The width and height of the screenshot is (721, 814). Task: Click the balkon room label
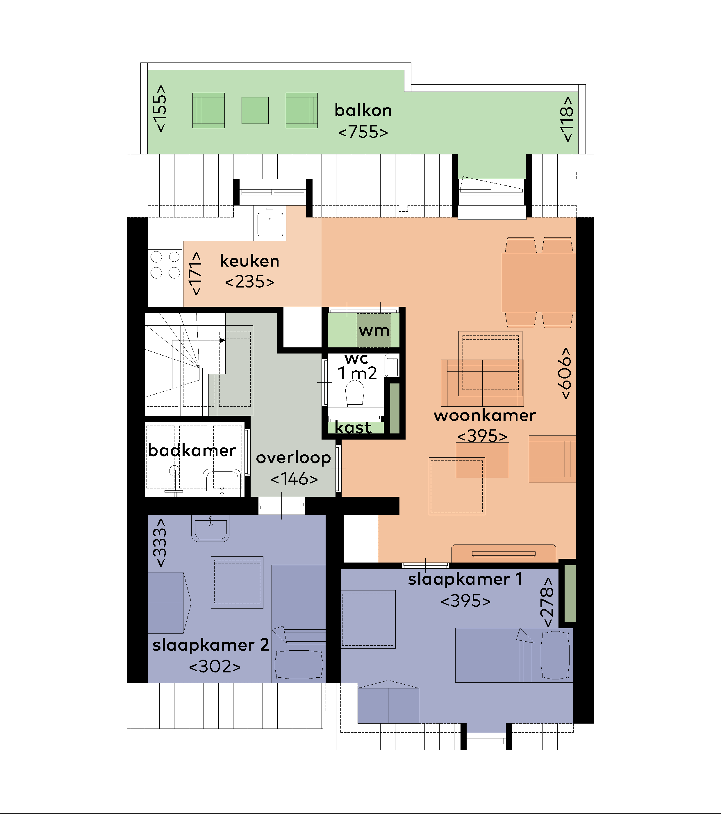pyautogui.click(x=363, y=110)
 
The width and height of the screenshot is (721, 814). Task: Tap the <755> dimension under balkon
pyautogui.click(x=363, y=132)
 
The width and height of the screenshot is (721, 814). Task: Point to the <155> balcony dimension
pyautogui.click(x=160, y=108)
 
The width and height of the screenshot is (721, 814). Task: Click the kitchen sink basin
pyautogui.click(x=270, y=224)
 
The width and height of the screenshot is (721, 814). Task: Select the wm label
pyautogui.click(x=374, y=331)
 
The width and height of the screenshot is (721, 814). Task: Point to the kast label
pyautogui.click(x=353, y=427)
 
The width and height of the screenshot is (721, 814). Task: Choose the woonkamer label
pyautogui.click(x=485, y=415)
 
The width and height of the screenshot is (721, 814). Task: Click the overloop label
pyautogui.click(x=293, y=458)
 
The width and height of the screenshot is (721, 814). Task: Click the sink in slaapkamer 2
pyautogui.click(x=210, y=528)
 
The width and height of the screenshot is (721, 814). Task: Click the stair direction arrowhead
pyautogui.click(x=222, y=340)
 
